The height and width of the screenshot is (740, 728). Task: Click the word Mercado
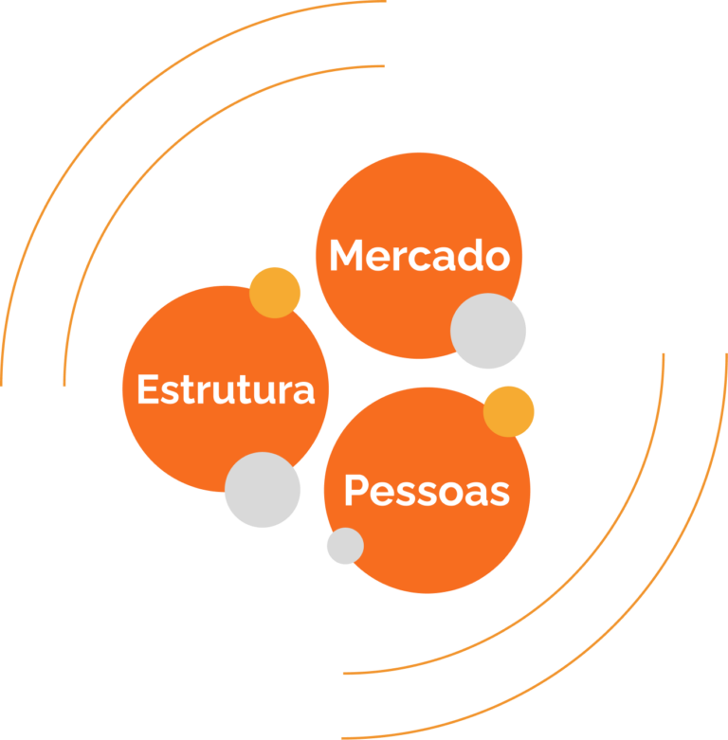(x=419, y=257)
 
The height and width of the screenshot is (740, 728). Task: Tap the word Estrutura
(x=226, y=390)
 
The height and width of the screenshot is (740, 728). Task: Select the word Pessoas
(x=427, y=492)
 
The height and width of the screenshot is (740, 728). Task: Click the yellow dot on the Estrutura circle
(x=275, y=292)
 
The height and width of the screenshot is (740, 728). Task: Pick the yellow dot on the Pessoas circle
(x=509, y=411)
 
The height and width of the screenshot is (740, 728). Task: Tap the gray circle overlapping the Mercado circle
(x=488, y=331)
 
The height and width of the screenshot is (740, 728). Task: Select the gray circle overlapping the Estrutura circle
(x=263, y=490)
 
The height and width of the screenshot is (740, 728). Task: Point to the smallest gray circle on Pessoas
(x=345, y=546)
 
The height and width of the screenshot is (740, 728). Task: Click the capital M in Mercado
(x=347, y=257)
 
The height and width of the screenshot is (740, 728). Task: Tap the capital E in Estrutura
(x=147, y=390)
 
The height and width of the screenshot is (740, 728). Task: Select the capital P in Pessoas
(x=355, y=492)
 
